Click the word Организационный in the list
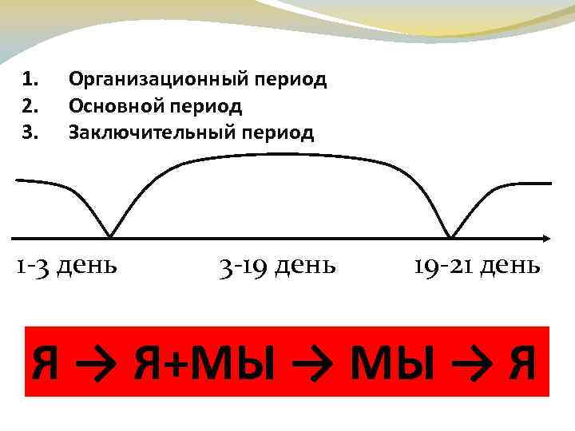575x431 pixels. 160,80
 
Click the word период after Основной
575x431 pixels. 207,106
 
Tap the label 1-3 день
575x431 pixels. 67,264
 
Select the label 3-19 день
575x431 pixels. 276,264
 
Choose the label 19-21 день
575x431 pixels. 477,264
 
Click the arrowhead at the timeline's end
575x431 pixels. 545,238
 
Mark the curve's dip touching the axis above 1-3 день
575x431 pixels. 110,235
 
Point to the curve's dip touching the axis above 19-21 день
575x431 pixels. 452,235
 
